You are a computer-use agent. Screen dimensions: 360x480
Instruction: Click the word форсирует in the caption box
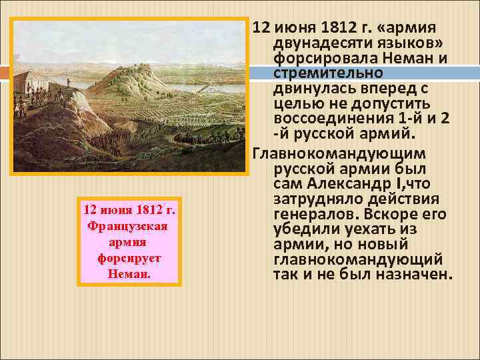(x=129, y=257)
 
